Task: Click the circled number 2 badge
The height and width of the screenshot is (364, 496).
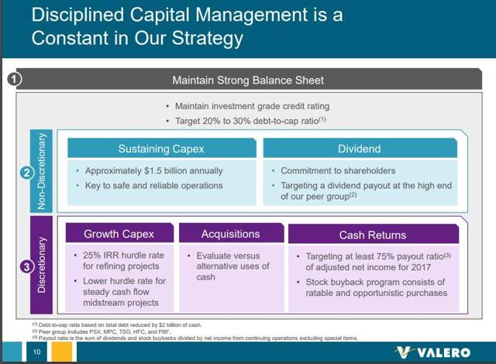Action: (x=25, y=173)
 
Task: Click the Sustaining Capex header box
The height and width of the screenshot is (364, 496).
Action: (x=161, y=149)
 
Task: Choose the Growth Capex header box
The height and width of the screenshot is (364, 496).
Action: (x=119, y=233)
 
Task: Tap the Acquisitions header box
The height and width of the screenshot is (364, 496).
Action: (x=230, y=233)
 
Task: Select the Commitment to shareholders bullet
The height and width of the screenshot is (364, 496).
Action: (x=339, y=170)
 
